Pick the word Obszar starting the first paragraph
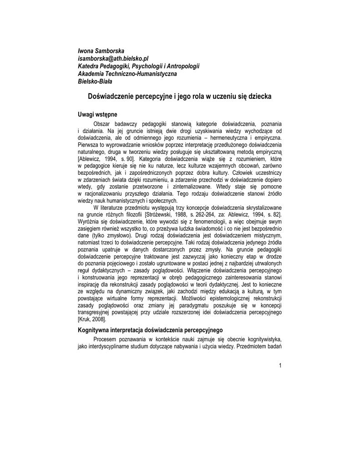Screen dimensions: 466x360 (x=102, y=124)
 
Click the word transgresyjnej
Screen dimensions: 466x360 (x=96, y=313)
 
